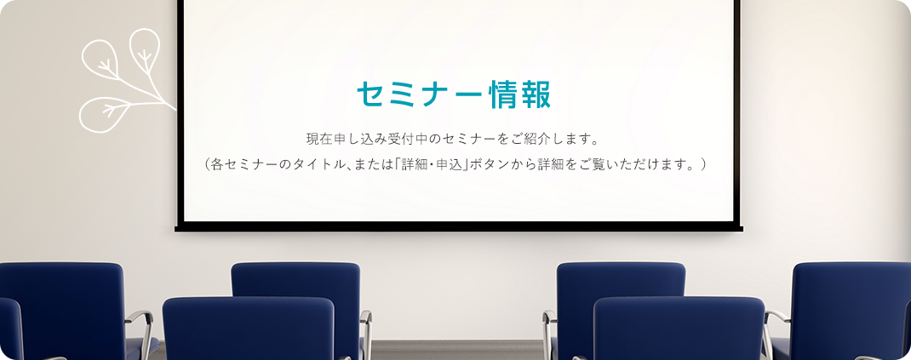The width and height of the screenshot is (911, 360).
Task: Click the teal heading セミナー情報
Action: pyautogui.click(x=454, y=94)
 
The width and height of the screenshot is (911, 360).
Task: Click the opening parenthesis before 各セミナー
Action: pyautogui.click(x=208, y=165)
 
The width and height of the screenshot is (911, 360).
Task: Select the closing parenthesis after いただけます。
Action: pyautogui.click(x=703, y=165)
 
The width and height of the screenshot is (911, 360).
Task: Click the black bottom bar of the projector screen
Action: pyautogui.click(x=458, y=227)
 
